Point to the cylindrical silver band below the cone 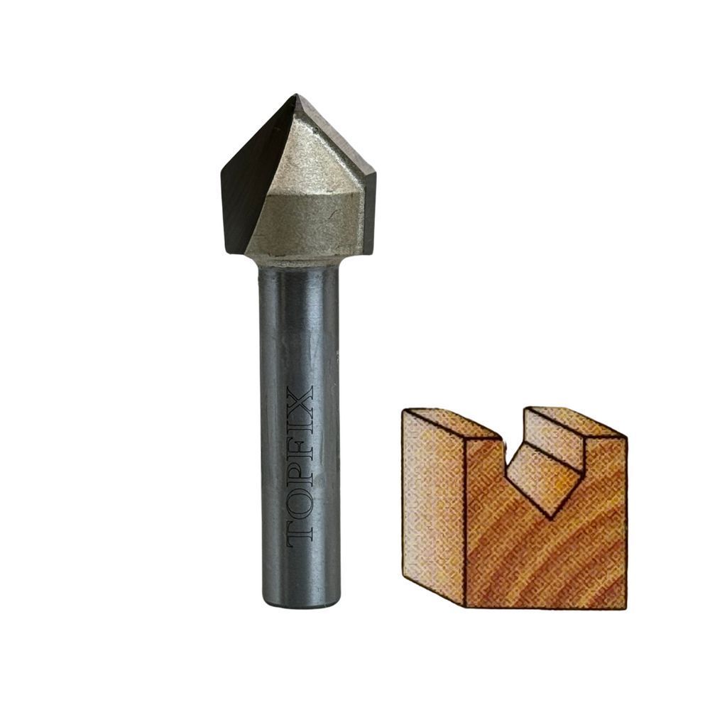(308, 227)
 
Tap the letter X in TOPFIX (300, 398)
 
